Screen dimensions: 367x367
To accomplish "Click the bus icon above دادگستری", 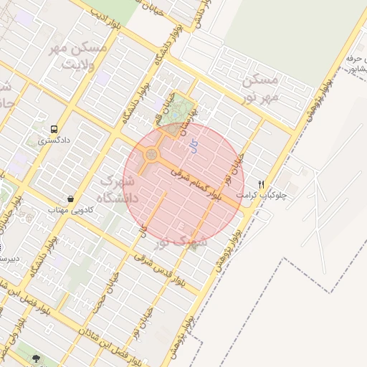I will (x=54, y=130).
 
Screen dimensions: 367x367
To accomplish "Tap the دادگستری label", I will (x=54, y=141).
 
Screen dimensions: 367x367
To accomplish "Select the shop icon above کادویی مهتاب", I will (x=70, y=199).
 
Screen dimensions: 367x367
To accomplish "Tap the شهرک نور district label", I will (x=183, y=239).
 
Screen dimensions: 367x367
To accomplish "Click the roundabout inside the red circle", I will (x=152, y=154).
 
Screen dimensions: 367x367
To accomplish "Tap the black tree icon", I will (x=35, y=356).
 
